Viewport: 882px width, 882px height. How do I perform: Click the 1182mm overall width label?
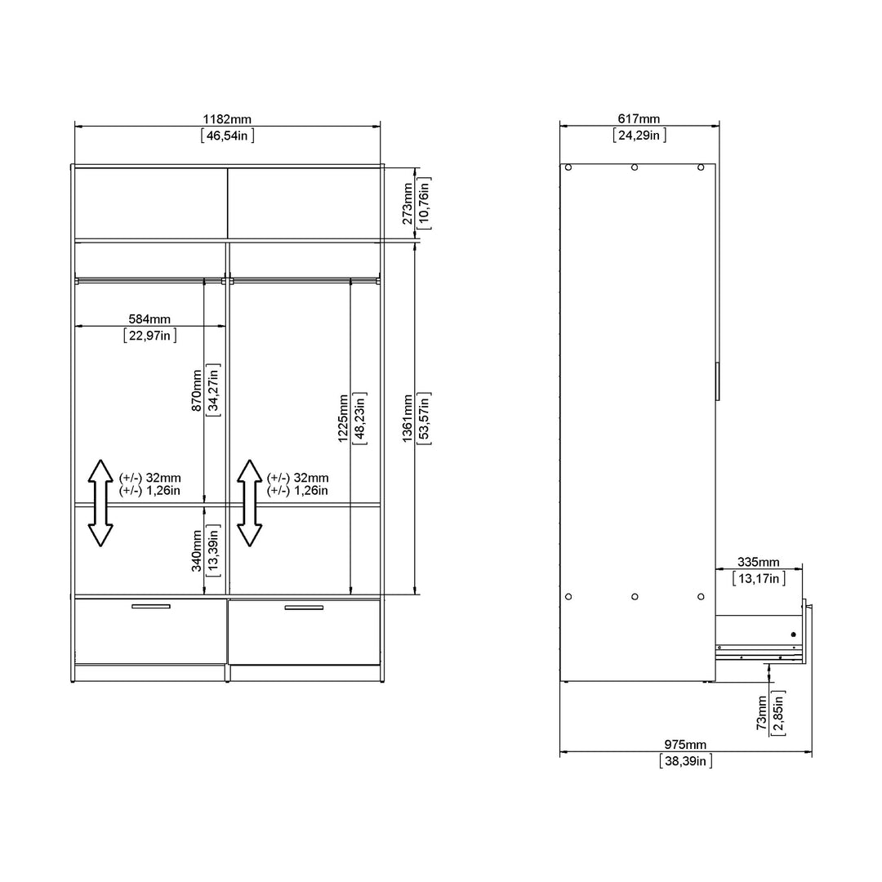(227, 119)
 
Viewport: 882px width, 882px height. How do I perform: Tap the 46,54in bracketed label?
(227, 136)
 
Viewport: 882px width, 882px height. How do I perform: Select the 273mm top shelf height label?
(408, 203)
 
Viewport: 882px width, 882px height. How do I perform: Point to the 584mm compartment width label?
(149, 319)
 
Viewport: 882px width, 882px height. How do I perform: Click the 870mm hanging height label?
(197, 390)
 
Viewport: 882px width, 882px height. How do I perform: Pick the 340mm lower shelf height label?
(197, 550)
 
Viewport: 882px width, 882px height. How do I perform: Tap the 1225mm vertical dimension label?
(343, 418)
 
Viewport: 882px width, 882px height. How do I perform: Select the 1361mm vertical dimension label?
(408, 418)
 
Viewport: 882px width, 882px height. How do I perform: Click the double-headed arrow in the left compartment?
(100, 503)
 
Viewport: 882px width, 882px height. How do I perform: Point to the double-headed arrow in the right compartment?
(249, 503)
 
